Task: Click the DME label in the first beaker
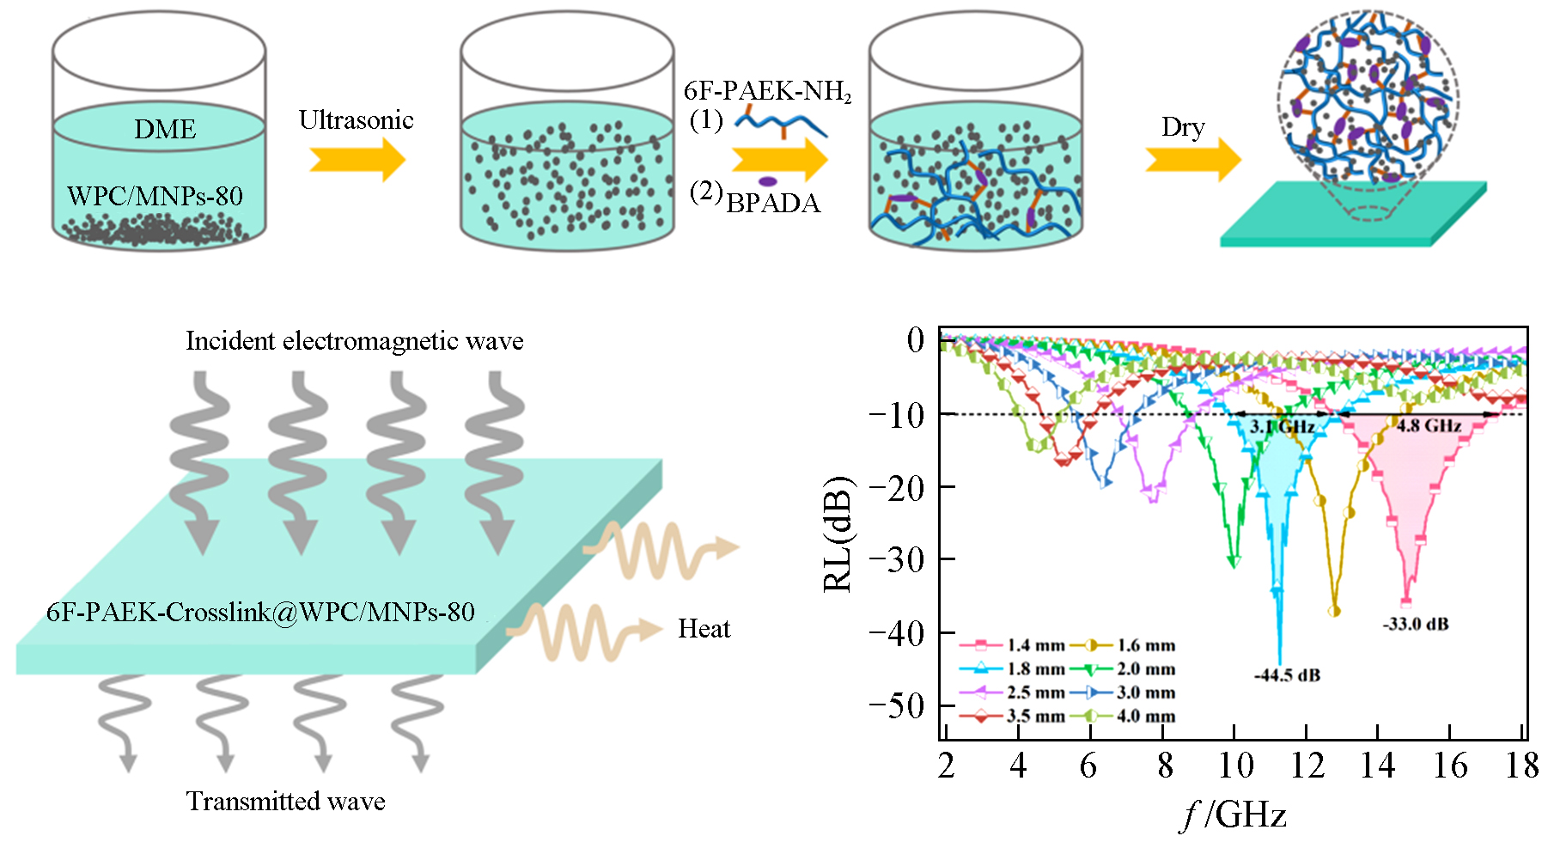tap(165, 129)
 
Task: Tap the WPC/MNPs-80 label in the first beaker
tap(155, 196)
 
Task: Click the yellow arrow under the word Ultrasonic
tap(357, 160)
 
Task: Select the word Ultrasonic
tap(356, 119)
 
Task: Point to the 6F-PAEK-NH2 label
tap(767, 91)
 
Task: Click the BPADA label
tap(773, 204)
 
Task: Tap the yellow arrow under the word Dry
tap(1193, 160)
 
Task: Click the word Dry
tap(1183, 127)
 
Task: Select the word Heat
tap(704, 629)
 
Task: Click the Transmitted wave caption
tap(285, 802)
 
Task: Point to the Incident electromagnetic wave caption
tap(354, 341)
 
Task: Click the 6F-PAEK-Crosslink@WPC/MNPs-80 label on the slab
tap(260, 612)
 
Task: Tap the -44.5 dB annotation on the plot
tap(1287, 675)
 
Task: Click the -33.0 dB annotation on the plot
tap(1415, 625)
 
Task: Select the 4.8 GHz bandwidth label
tap(1429, 426)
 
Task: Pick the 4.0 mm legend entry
tap(1129, 717)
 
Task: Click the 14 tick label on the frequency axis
tap(1377, 766)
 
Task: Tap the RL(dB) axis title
tap(838, 533)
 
